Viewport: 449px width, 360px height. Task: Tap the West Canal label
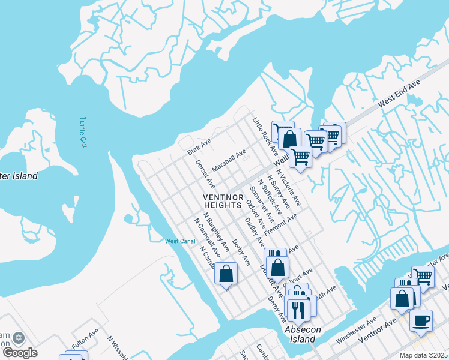coord(179,241)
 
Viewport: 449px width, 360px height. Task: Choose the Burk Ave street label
coord(199,145)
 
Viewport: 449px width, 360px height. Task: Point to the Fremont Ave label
coord(285,226)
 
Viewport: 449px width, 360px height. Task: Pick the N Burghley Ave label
coord(216,230)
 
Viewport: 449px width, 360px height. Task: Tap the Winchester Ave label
coord(356,331)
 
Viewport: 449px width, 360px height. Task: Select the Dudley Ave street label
coord(255,232)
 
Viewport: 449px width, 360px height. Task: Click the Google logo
coord(20,353)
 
